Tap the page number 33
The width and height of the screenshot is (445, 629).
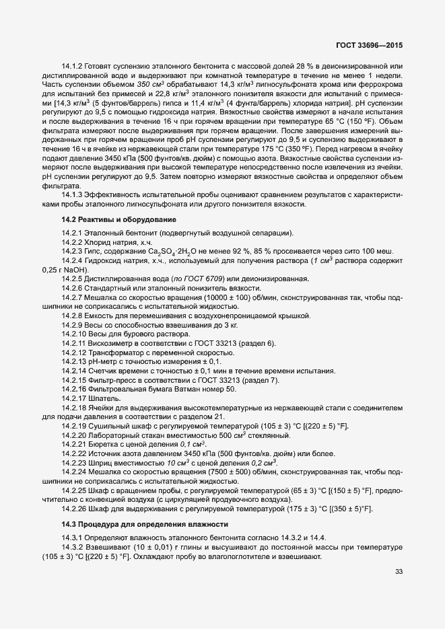[x=399, y=572]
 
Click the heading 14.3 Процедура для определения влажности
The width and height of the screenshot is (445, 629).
[x=136, y=524]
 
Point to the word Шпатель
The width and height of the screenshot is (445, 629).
[x=103, y=399]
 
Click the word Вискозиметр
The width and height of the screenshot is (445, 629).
[x=110, y=343]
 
